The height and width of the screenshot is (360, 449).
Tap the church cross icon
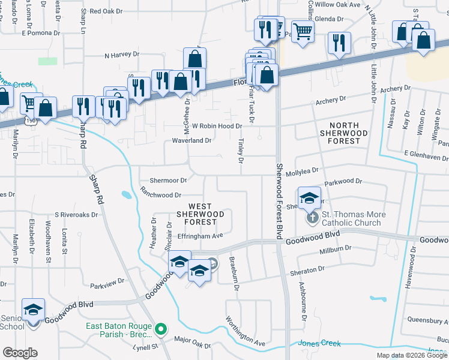pos(313,217)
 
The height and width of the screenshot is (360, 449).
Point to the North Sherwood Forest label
pos(340,133)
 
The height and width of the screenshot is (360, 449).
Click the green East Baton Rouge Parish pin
pos(161,329)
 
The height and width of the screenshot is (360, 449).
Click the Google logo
pos(20,353)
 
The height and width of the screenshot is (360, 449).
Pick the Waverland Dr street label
pos(192,140)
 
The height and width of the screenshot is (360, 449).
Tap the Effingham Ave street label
pos(200,236)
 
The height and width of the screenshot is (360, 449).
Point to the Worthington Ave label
pos(246,330)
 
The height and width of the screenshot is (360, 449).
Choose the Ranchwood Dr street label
pos(160,195)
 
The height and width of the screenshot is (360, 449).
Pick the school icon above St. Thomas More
pos(309,197)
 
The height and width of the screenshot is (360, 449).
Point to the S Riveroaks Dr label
pos(76,214)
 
